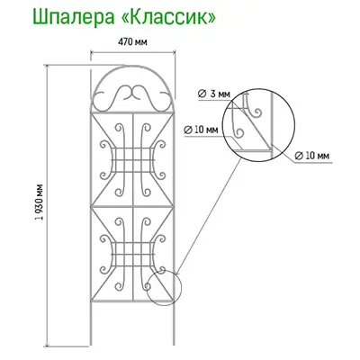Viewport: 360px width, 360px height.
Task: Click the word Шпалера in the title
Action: click(x=73, y=18)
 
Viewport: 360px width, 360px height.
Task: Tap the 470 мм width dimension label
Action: click(x=132, y=41)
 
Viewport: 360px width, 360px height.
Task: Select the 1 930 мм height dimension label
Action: click(x=39, y=202)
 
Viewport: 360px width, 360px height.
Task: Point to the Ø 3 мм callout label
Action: click(x=214, y=94)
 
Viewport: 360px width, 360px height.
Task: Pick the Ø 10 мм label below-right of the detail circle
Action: click(x=312, y=156)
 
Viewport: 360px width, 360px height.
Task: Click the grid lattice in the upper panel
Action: click(x=132, y=159)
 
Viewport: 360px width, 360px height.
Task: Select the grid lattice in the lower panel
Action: click(x=132, y=255)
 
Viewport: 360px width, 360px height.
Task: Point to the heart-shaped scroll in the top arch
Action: click(x=132, y=94)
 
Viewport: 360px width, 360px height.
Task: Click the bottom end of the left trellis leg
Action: click(x=91, y=345)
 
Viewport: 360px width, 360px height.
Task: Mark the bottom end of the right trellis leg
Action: click(x=174, y=345)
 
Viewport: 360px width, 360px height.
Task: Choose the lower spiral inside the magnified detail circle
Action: click(x=239, y=132)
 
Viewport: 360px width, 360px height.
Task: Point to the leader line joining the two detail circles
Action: click(x=208, y=217)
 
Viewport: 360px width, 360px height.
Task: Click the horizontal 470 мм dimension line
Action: click(x=132, y=53)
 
